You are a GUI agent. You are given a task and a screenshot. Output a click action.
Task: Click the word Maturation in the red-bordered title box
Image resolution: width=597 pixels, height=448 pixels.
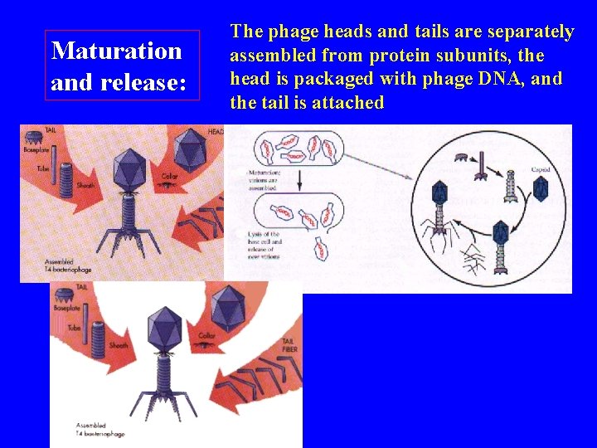point(117,51)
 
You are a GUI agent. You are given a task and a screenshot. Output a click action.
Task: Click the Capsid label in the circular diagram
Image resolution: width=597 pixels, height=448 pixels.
point(541,170)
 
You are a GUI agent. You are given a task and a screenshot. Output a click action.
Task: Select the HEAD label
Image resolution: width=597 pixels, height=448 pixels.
point(214,132)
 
